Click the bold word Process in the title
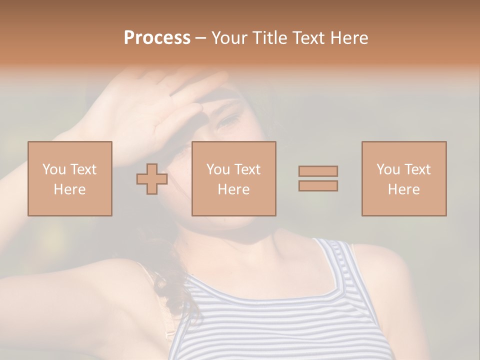click(x=157, y=38)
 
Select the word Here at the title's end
click(x=349, y=38)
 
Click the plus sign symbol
click(x=152, y=179)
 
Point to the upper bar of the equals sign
click(x=318, y=171)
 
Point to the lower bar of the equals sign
click(x=318, y=186)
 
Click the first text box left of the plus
click(x=70, y=178)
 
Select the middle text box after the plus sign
click(x=234, y=178)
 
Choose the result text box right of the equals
click(x=404, y=178)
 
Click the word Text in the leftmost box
click(x=83, y=169)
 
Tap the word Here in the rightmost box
click(x=404, y=189)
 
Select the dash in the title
click(x=200, y=38)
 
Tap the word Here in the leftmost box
click(x=70, y=189)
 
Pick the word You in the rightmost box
click(x=388, y=169)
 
